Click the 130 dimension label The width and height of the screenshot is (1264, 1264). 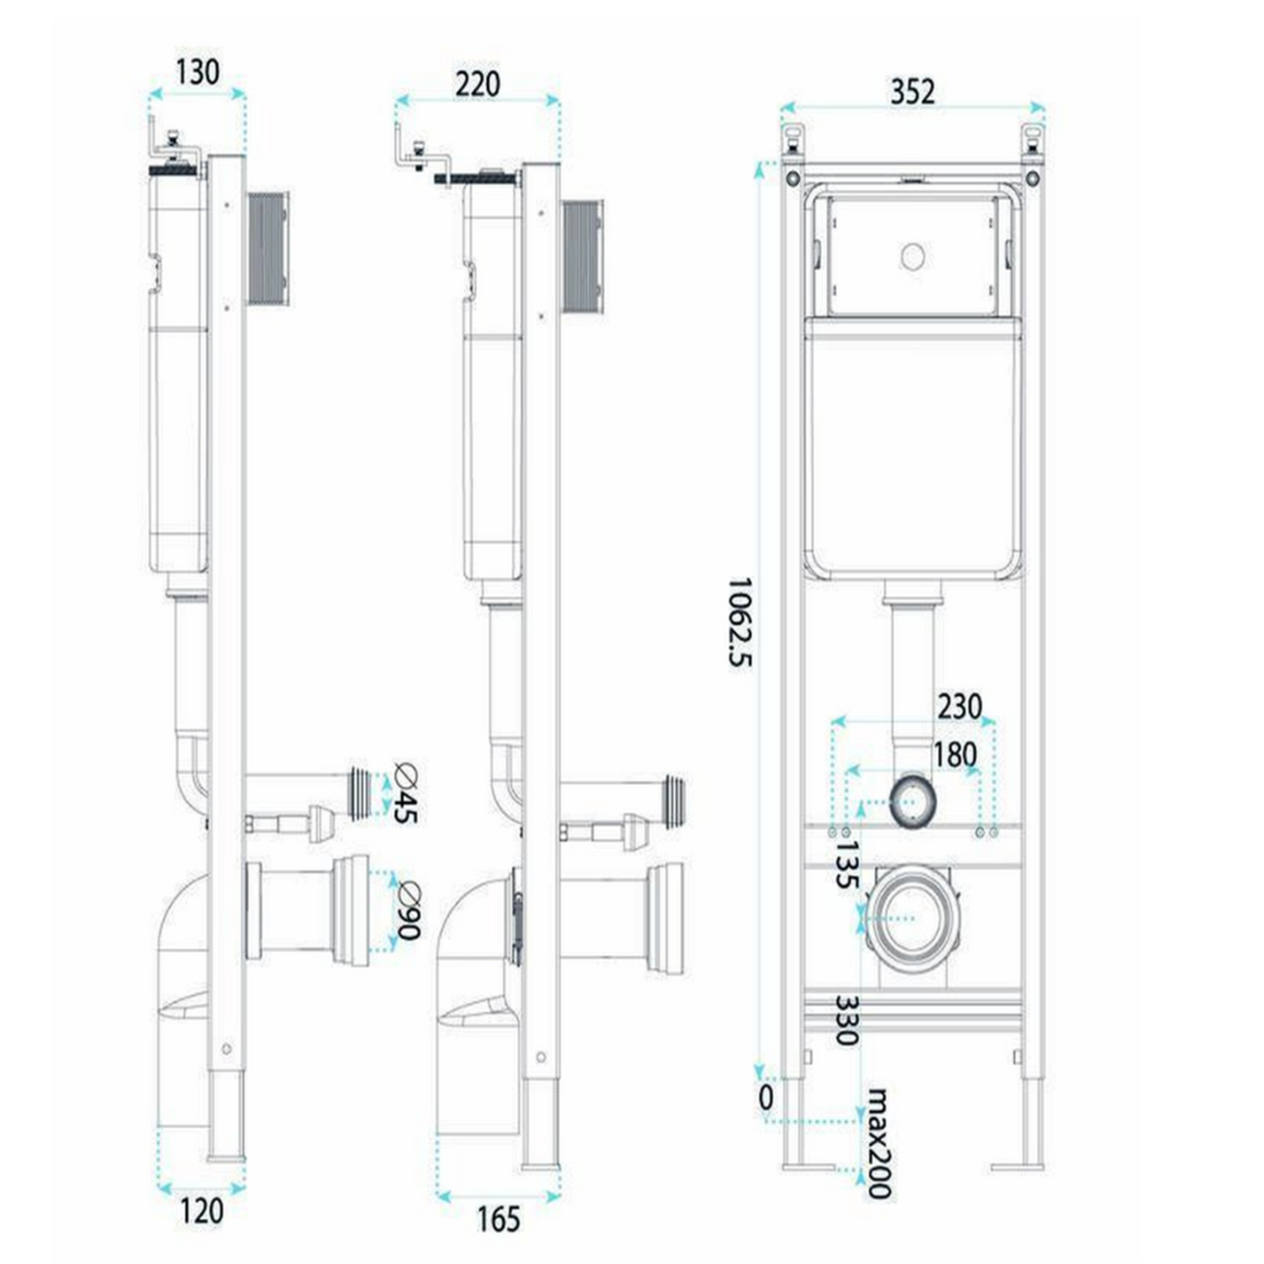(198, 72)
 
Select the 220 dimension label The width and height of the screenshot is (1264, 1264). (478, 84)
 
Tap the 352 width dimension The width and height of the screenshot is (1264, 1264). (912, 92)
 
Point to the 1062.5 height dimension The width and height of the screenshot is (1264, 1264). (740, 622)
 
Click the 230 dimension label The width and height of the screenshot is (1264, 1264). (960, 707)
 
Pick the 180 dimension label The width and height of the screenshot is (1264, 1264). (953, 754)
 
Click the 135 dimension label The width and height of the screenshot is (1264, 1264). (846, 865)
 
